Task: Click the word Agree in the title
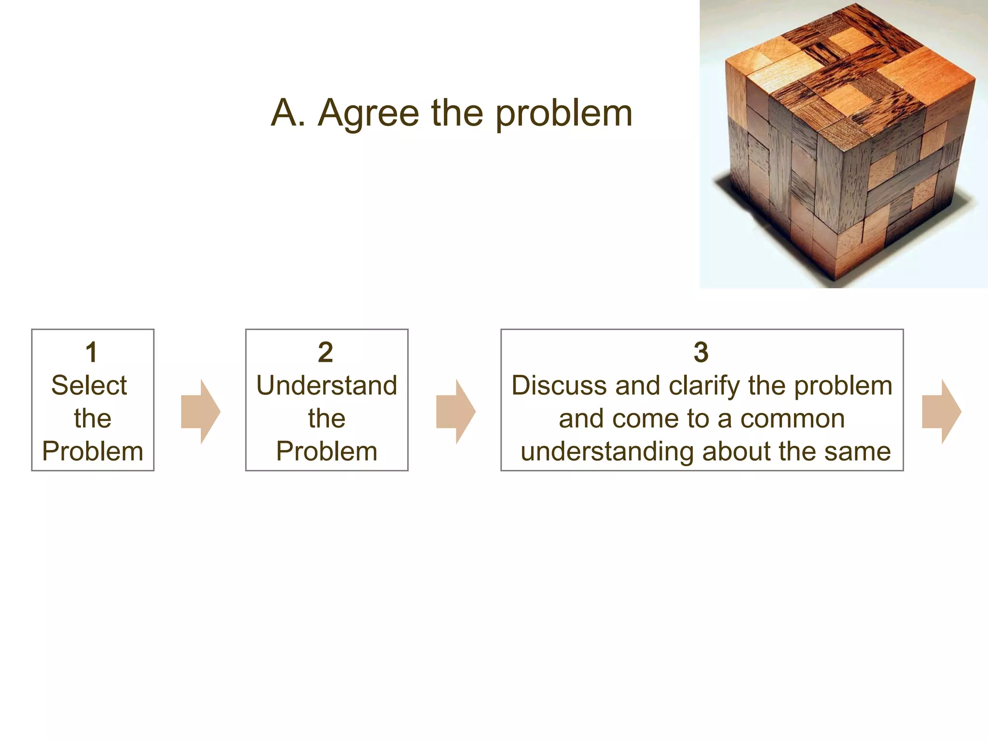click(x=369, y=114)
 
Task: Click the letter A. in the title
click(x=288, y=113)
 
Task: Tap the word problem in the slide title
click(x=563, y=115)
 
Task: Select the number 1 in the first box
click(x=92, y=352)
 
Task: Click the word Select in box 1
click(x=89, y=385)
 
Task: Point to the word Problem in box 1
click(x=93, y=452)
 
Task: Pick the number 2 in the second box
click(x=326, y=352)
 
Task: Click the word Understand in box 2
click(x=327, y=385)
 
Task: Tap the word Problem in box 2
click(x=327, y=452)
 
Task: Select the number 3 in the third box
click(x=701, y=352)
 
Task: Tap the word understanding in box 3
click(x=608, y=452)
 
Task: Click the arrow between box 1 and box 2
click(x=201, y=412)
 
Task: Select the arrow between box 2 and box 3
click(x=456, y=412)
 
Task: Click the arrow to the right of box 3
click(x=941, y=412)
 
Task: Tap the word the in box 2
click(x=327, y=418)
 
